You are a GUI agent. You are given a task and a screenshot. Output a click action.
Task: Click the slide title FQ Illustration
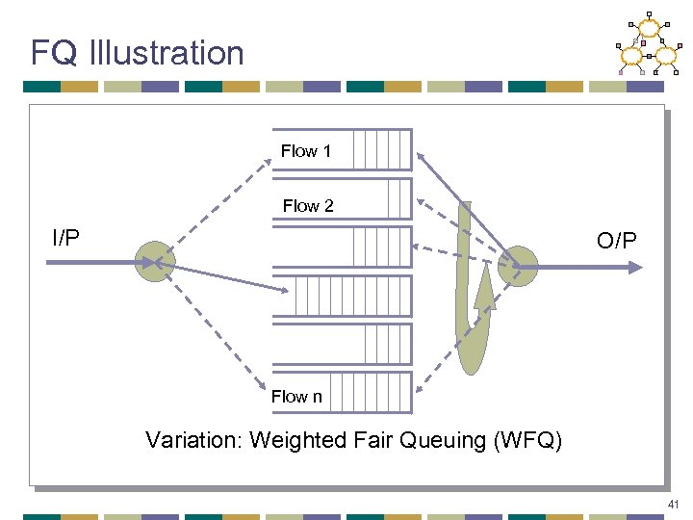[x=137, y=52]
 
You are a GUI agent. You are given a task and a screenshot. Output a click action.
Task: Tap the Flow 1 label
[x=306, y=151]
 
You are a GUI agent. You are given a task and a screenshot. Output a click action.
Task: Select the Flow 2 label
[x=308, y=205]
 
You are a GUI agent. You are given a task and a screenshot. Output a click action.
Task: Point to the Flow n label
[x=296, y=396]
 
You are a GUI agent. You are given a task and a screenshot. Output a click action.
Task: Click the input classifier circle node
[x=152, y=261]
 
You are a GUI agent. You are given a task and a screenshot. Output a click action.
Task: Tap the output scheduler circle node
[x=519, y=266]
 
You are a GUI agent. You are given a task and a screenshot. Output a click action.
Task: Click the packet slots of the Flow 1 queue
[x=381, y=150]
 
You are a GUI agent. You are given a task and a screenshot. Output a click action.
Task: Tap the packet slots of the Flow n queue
[x=376, y=392]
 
